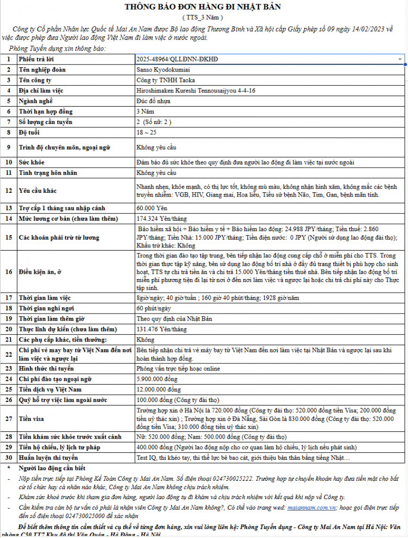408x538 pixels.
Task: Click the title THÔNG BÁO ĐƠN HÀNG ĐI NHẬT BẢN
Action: pos(202,7)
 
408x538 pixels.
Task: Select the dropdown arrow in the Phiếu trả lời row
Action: pos(400,59)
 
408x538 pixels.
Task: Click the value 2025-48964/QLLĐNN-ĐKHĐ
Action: pos(177,59)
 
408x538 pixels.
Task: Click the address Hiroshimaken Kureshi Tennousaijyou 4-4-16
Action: pos(196,90)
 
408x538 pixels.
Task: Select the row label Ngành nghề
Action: pos(36,101)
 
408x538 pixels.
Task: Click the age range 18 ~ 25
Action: pos(146,132)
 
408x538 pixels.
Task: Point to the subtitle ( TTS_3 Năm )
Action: pos(202,17)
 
